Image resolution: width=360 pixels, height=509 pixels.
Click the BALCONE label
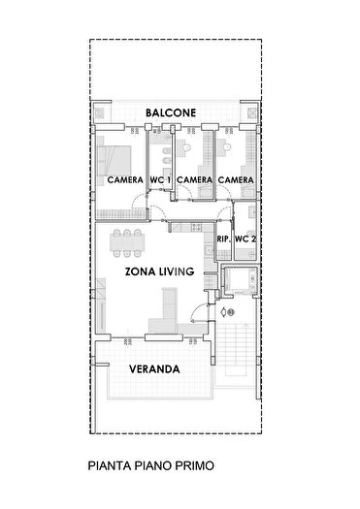(x=171, y=113)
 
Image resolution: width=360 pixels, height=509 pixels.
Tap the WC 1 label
(x=160, y=180)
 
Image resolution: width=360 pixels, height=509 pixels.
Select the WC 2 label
(x=245, y=239)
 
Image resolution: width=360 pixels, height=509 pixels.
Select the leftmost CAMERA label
(x=125, y=180)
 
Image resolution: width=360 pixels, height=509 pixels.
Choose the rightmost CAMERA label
(x=236, y=180)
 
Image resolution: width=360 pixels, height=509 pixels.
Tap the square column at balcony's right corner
(x=251, y=113)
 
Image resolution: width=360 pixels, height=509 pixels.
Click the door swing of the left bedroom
(x=141, y=204)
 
